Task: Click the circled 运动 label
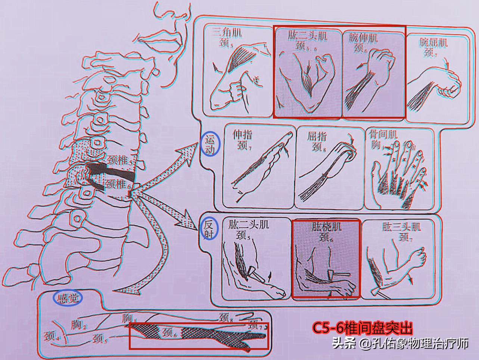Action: pyautogui.click(x=210, y=145)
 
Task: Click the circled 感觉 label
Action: pyautogui.click(x=68, y=298)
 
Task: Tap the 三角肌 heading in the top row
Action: pyautogui.click(x=227, y=33)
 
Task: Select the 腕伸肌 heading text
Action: pyautogui.click(x=363, y=38)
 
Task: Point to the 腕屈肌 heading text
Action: pyautogui.click(x=433, y=43)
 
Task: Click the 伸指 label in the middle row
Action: pyautogui.click(x=242, y=134)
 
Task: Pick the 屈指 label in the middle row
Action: pyautogui.click(x=317, y=136)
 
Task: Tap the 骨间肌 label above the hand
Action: pyautogui.click(x=383, y=134)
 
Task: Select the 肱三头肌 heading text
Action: pyautogui.click(x=401, y=227)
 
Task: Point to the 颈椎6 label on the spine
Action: pyautogui.click(x=118, y=184)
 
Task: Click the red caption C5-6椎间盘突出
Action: pyautogui.click(x=363, y=328)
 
